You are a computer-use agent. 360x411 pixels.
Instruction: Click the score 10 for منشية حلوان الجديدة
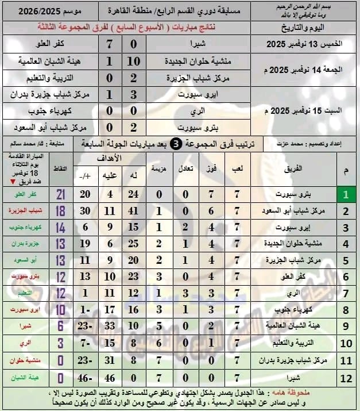pyautogui.click(x=133, y=62)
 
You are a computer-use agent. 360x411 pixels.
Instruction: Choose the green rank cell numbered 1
pyautogui.click(x=346, y=195)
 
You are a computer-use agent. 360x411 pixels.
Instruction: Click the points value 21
pyautogui.click(x=61, y=195)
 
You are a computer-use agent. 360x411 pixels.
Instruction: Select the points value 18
pyautogui.click(x=61, y=211)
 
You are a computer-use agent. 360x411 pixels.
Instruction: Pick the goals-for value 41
pyautogui.click(x=134, y=211)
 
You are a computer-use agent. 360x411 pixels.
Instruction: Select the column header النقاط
pyautogui.click(x=60, y=168)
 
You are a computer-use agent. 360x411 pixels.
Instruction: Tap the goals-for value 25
pyautogui.click(x=134, y=244)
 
